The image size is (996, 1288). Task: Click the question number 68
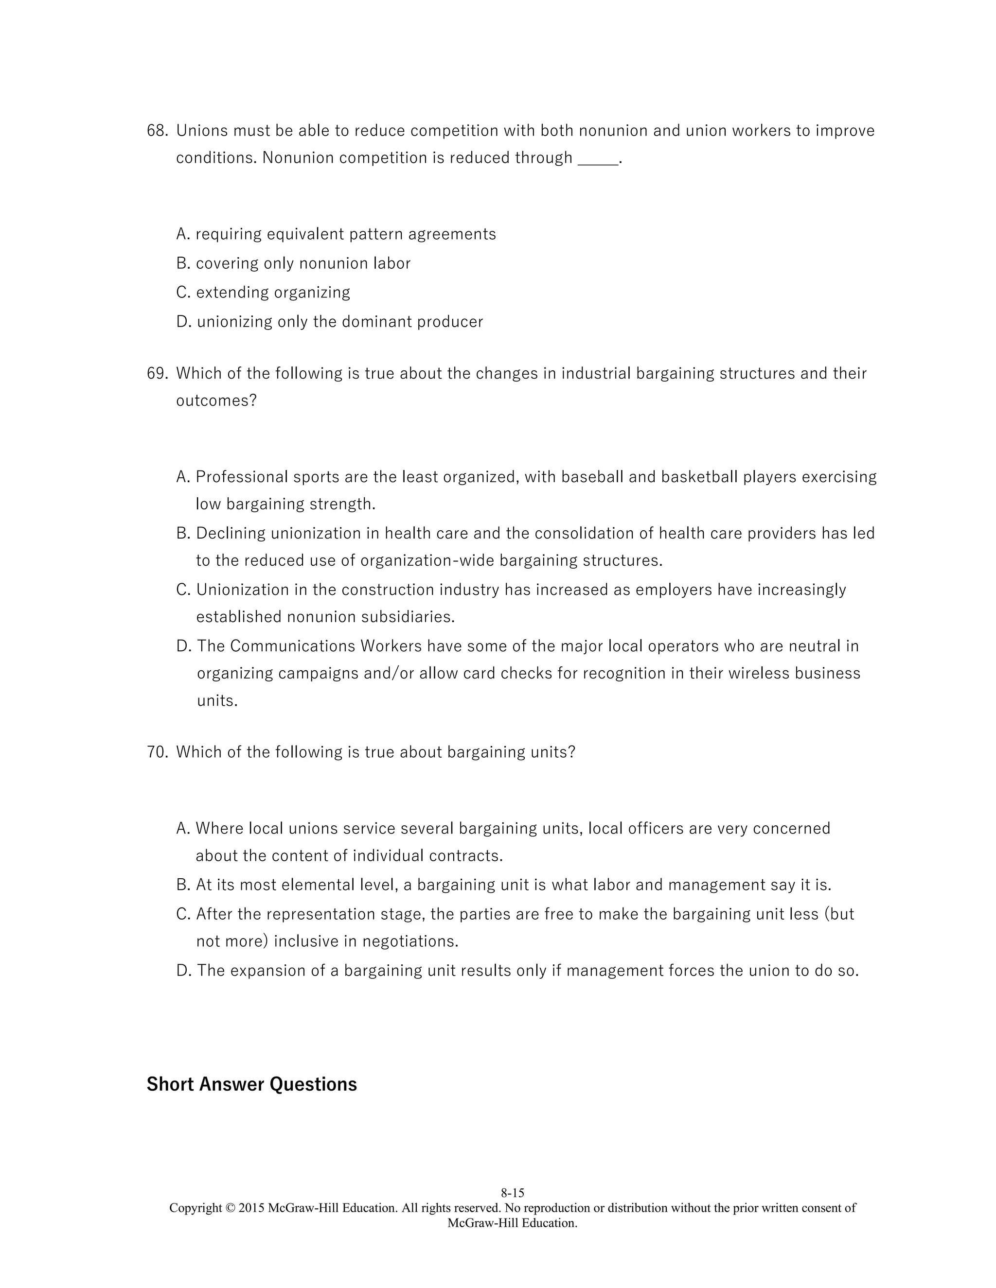pyautogui.click(x=157, y=131)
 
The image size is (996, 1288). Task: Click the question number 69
pyautogui.click(x=157, y=374)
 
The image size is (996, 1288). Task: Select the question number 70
pyautogui.click(x=157, y=752)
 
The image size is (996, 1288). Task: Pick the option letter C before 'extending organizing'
pyautogui.click(x=183, y=293)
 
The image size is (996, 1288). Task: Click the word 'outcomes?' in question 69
pyautogui.click(x=216, y=401)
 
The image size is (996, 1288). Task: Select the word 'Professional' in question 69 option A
pyautogui.click(x=242, y=477)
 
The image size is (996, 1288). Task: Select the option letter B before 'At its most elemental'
pyautogui.click(x=183, y=885)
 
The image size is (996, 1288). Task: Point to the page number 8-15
pyautogui.click(x=512, y=1193)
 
